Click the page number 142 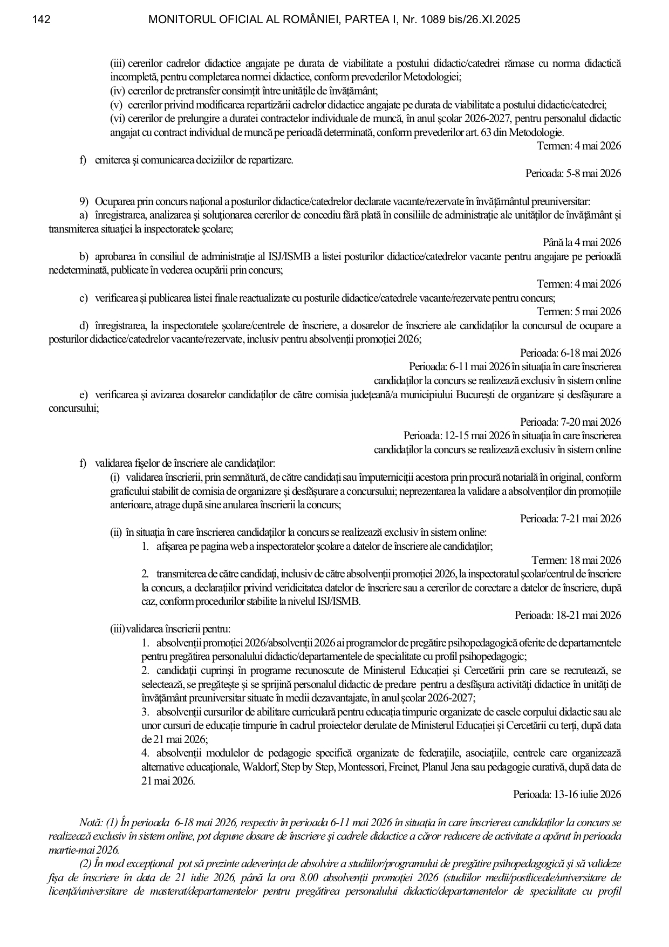tap(41, 20)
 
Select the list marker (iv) tap(118, 91)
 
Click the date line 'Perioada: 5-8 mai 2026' tap(573, 174)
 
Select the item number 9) tap(84, 202)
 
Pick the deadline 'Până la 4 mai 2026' tap(582, 243)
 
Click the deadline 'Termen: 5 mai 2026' tap(579, 312)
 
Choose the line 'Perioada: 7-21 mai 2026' tap(570, 519)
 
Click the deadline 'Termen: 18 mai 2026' tap(576, 561)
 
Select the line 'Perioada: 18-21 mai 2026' tap(568, 616)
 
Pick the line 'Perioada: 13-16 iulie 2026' tap(567, 795)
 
